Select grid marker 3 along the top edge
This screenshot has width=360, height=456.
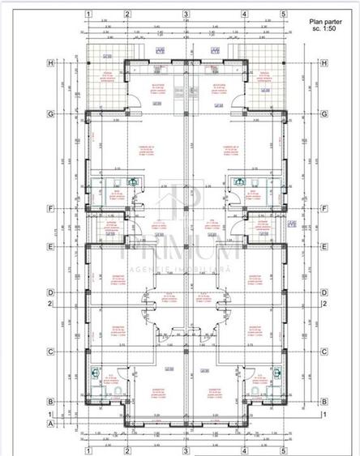(186, 14)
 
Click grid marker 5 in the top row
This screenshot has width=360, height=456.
(283, 14)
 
